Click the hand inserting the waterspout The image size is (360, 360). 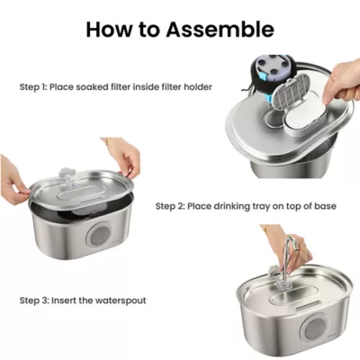pyautogui.click(x=275, y=235)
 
